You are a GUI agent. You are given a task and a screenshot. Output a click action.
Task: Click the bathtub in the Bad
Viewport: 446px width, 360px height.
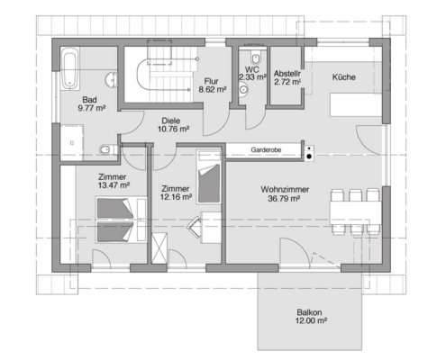[70, 68]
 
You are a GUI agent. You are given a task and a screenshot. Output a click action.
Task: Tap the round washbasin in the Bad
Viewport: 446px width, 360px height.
[112, 80]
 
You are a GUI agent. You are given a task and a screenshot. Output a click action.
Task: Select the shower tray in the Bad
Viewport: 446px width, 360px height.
[72, 143]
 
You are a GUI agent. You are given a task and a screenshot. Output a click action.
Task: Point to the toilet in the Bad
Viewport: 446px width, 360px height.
[107, 149]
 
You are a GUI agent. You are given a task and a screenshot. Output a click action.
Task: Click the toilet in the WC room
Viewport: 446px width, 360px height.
[255, 57]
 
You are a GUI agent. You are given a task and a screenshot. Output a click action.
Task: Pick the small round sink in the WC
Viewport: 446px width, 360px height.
[243, 89]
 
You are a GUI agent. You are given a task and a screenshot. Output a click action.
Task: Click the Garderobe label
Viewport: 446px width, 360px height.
[266, 149]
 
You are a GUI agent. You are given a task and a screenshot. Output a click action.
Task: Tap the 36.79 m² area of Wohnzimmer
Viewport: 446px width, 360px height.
[284, 198]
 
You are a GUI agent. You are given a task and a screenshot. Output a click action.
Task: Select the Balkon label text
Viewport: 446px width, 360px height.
[309, 312]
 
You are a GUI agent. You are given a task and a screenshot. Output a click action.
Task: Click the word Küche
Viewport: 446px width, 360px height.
[344, 77]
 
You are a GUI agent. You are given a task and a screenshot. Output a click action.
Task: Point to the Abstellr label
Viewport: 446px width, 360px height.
[287, 74]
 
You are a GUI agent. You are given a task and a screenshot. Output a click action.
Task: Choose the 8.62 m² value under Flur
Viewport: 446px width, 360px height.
[213, 89]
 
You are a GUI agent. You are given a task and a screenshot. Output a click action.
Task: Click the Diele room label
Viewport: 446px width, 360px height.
[171, 121]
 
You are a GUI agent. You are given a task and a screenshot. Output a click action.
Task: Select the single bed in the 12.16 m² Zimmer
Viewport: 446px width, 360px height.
[209, 177]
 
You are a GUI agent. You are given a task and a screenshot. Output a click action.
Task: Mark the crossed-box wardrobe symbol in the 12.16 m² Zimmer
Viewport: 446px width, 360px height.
[159, 248]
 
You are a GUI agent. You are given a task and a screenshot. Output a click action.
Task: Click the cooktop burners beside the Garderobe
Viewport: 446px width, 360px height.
[309, 153]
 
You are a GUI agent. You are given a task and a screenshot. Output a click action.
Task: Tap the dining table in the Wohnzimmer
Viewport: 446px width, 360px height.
[356, 213]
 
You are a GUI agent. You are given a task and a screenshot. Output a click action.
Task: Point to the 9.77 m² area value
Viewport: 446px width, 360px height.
[92, 108]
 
